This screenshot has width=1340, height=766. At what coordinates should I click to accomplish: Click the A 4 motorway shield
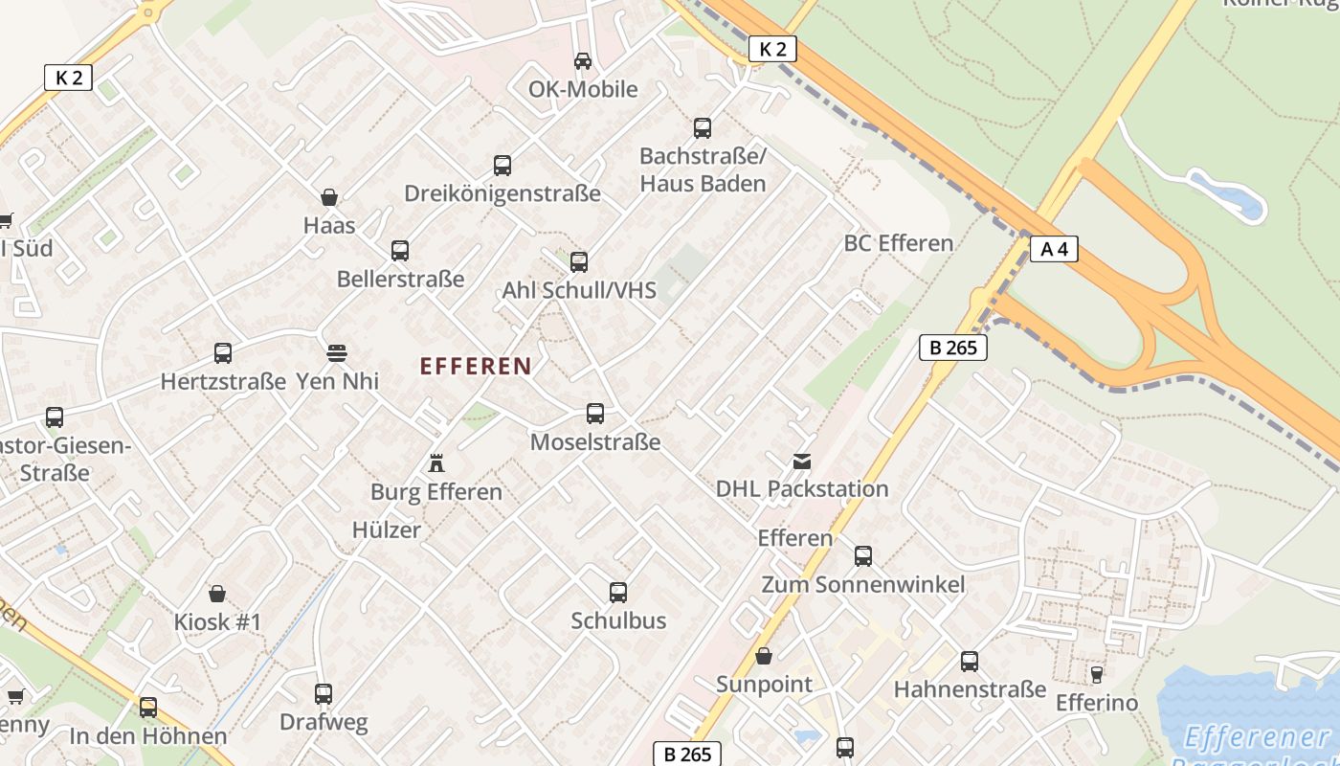[x=1054, y=250]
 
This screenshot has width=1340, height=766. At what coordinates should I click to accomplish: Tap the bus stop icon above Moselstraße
[x=595, y=414]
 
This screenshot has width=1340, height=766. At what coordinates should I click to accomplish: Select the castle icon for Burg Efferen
[x=436, y=464]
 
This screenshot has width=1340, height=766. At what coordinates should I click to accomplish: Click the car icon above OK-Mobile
[x=582, y=61]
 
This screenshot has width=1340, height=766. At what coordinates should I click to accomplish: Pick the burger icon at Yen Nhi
[x=336, y=353]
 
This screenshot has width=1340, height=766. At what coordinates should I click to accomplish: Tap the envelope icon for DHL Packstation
[x=801, y=462]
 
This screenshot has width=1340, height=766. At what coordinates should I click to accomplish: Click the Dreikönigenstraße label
[x=502, y=193]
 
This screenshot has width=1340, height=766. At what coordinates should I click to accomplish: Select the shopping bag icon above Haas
[x=329, y=198]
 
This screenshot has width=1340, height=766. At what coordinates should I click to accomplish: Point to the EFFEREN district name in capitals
[x=476, y=366]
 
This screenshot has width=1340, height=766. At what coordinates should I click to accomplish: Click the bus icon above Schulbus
[x=618, y=593]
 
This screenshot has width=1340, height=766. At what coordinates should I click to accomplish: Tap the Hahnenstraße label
[x=970, y=689]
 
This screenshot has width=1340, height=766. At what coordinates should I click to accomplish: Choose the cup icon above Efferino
[x=1097, y=675]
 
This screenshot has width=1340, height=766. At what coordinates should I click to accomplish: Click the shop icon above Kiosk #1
[x=217, y=594]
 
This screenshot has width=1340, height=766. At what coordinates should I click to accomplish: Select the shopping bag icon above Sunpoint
[x=764, y=657]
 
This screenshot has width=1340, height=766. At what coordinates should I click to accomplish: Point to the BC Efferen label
[x=898, y=243]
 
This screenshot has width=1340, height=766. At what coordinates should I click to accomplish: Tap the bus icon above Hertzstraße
[x=223, y=353]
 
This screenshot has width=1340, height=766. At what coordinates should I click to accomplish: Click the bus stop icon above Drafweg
[x=324, y=694]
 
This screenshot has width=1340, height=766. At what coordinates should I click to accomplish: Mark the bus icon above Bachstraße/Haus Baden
[x=703, y=128]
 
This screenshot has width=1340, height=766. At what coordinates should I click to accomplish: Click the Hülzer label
[x=386, y=530]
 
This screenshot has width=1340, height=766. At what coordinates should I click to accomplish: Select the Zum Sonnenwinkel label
[x=862, y=584]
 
